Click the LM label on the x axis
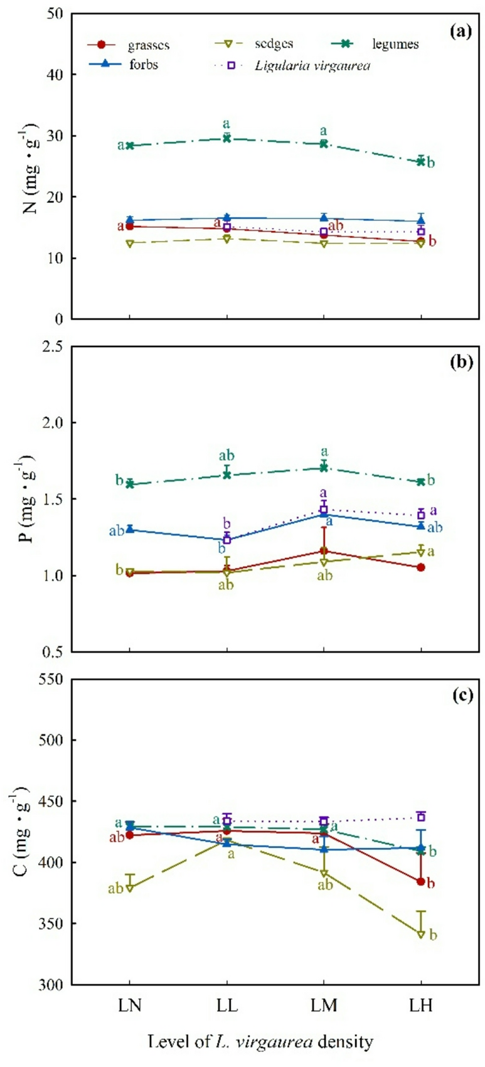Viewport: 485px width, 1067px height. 324,1005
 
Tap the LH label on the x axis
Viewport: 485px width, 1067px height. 421,1005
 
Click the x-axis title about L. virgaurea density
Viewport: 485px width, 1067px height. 260,1043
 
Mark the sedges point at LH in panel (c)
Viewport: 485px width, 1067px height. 421,935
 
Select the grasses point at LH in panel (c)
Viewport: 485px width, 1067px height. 421,882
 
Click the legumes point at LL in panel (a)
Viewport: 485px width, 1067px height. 227,138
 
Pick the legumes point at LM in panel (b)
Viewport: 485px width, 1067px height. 324,468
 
